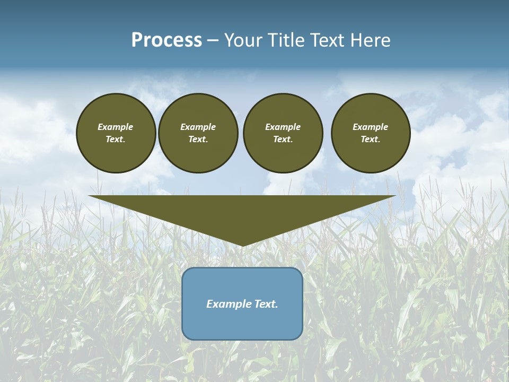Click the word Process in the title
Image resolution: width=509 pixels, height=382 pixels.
[166, 40]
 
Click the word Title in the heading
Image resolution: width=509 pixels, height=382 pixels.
[285, 40]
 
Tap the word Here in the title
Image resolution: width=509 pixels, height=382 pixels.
[370, 40]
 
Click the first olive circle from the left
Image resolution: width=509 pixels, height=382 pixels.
[116, 133]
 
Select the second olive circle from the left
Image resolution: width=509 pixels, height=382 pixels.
[198, 133]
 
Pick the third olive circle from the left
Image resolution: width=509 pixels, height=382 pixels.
[283, 133]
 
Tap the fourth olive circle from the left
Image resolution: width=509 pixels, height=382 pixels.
[371, 133]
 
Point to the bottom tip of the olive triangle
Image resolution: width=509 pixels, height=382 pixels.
[242, 245]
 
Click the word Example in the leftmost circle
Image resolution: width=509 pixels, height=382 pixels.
[116, 127]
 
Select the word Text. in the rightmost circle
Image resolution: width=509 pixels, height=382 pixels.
[371, 140]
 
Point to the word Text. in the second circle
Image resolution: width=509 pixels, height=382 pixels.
[198, 140]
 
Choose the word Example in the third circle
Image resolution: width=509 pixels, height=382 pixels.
[283, 127]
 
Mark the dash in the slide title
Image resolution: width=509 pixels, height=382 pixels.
[213, 41]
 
